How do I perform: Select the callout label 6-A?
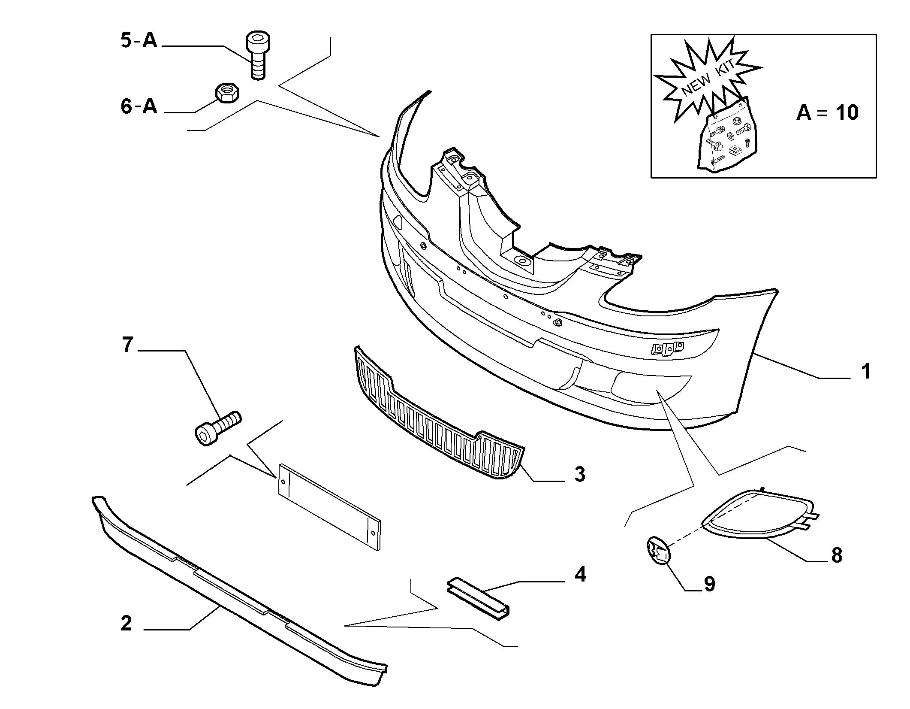click(139, 106)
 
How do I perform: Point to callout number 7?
click(127, 345)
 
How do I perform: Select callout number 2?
click(126, 623)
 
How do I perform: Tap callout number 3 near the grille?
click(580, 475)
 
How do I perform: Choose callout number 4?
click(580, 574)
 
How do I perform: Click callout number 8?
click(837, 555)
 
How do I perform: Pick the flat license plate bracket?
click(329, 507)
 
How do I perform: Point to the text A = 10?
click(827, 113)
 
